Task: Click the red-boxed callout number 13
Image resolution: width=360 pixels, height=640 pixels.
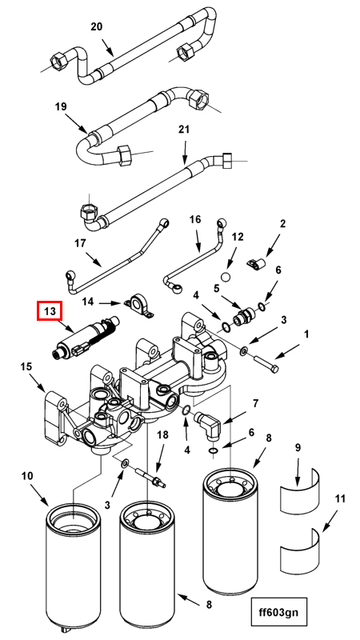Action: (50, 311)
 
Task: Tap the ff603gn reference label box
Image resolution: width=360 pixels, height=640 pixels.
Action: (278, 611)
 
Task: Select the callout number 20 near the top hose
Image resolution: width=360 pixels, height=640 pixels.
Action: (96, 27)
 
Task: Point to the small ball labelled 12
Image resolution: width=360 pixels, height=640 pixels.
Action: (226, 277)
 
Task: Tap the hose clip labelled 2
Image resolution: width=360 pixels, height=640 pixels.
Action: (256, 265)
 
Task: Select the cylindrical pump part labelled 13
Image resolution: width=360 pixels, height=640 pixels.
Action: (85, 337)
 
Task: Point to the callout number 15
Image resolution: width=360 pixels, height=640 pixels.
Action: (26, 367)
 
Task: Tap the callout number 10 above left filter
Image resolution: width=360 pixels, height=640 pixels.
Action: (28, 476)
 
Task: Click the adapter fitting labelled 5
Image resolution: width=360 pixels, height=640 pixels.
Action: (244, 316)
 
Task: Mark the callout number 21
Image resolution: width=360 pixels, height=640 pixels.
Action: (185, 130)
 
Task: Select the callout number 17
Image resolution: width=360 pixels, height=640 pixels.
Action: (81, 243)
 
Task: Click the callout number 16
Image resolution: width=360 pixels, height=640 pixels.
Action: (195, 219)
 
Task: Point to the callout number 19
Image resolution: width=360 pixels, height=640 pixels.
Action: (61, 107)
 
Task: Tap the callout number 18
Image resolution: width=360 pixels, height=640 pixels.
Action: (162, 435)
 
